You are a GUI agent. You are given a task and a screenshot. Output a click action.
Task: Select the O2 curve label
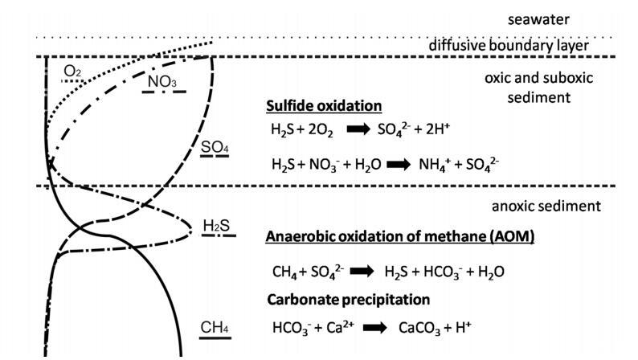72,72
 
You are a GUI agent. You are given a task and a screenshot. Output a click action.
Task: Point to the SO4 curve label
215,148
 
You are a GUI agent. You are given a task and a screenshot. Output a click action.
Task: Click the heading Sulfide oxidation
323,106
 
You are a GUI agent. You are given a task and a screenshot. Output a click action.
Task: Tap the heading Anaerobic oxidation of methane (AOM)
399,237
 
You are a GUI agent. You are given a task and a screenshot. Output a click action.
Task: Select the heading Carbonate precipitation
348,299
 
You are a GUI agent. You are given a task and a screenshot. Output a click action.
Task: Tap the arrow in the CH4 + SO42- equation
362,272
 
